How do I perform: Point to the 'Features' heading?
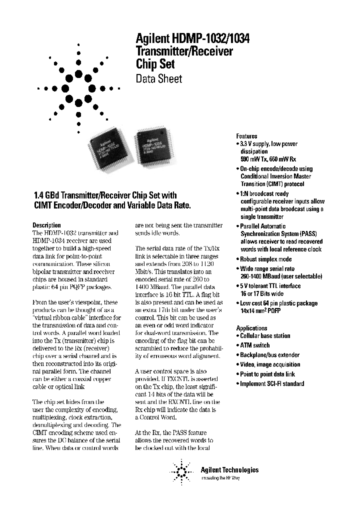point(246,136)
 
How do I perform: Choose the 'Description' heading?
point(46,225)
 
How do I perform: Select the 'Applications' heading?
point(251,328)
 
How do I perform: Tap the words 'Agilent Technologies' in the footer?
point(229,469)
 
